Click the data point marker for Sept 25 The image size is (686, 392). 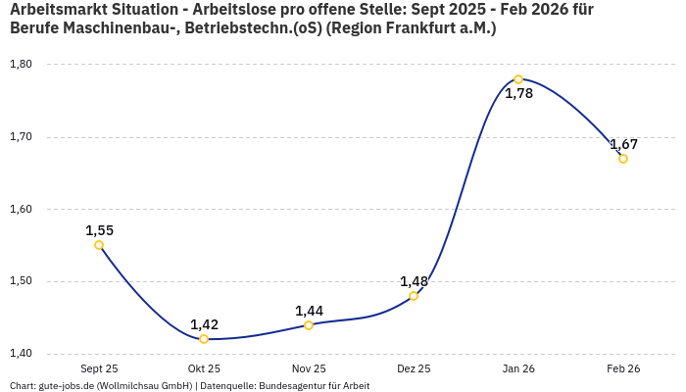pyautogui.click(x=99, y=245)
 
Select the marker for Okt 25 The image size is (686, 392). pyautogui.click(x=204, y=339)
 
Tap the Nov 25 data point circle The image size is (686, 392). pyautogui.click(x=309, y=325)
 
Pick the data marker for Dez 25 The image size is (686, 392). pyautogui.click(x=414, y=296)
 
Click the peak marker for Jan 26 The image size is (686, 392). pyautogui.click(x=518, y=79)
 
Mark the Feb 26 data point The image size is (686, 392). pyautogui.click(x=623, y=159)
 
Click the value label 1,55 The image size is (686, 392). pyautogui.click(x=99, y=230)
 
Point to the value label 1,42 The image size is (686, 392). pyautogui.click(x=204, y=324)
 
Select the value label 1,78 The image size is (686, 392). pyautogui.click(x=518, y=94)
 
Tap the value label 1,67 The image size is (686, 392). pyautogui.click(x=623, y=144)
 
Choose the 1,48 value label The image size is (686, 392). pyautogui.click(x=414, y=281)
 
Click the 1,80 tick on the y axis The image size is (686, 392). pyautogui.click(x=21, y=65)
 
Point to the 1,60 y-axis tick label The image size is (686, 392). pyautogui.click(x=21, y=209)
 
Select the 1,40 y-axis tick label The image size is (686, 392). pyautogui.click(x=21, y=354)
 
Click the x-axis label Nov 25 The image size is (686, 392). pyautogui.click(x=309, y=369)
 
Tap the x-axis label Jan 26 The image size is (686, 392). pyautogui.click(x=518, y=369)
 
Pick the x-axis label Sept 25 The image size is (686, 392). pyautogui.click(x=99, y=369)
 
